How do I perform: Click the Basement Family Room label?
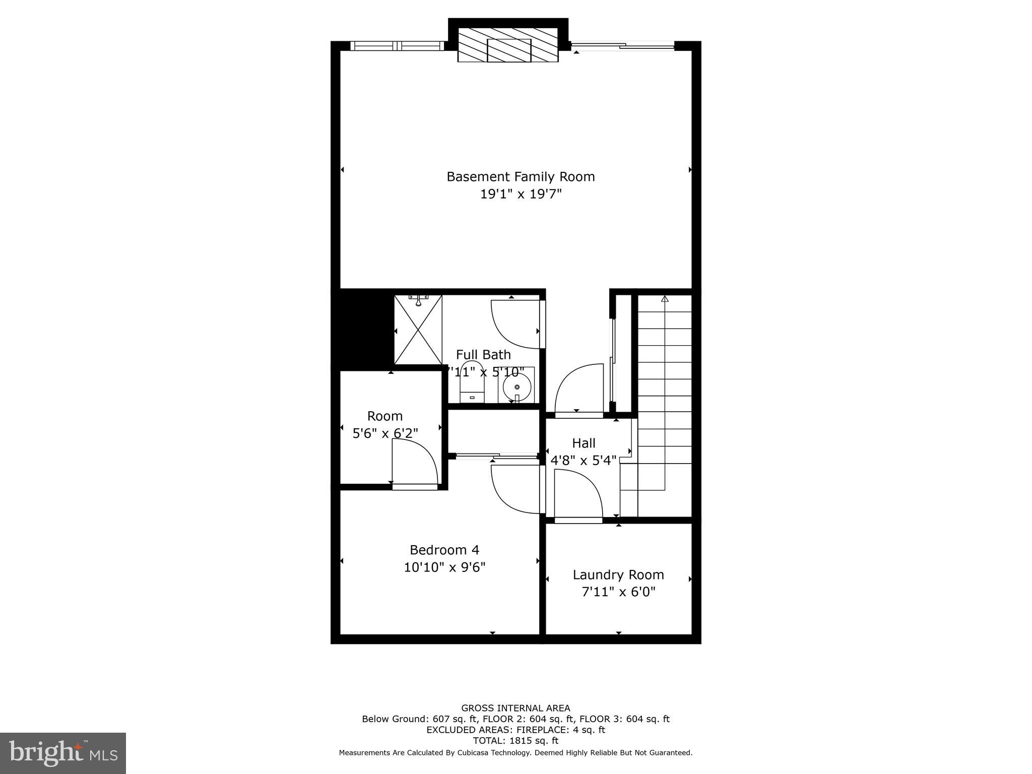coord(521,176)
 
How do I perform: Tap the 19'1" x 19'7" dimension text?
coord(521,194)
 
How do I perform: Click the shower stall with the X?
coord(418,330)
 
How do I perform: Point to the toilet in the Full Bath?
coord(472,383)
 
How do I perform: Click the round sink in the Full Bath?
coord(517,387)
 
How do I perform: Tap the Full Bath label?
coord(483,354)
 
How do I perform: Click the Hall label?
coord(584,443)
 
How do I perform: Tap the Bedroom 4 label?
coord(444,550)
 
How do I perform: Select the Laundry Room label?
coord(618,574)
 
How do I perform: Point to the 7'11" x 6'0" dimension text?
coord(618,592)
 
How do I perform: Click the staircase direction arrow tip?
coord(664,299)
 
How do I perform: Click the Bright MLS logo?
coord(63,753)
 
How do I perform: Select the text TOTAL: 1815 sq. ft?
coord(515,741)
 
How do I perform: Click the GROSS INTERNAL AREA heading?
coord(515,708)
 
